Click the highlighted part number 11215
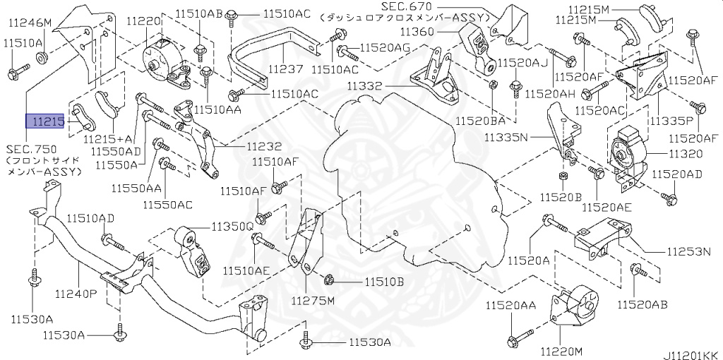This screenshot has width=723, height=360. point(45,122)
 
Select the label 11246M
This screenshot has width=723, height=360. point(30,23)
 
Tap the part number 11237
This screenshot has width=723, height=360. point(285,70)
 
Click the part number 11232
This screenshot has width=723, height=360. point(263,147)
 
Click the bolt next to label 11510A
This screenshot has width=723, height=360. point(17,71)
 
